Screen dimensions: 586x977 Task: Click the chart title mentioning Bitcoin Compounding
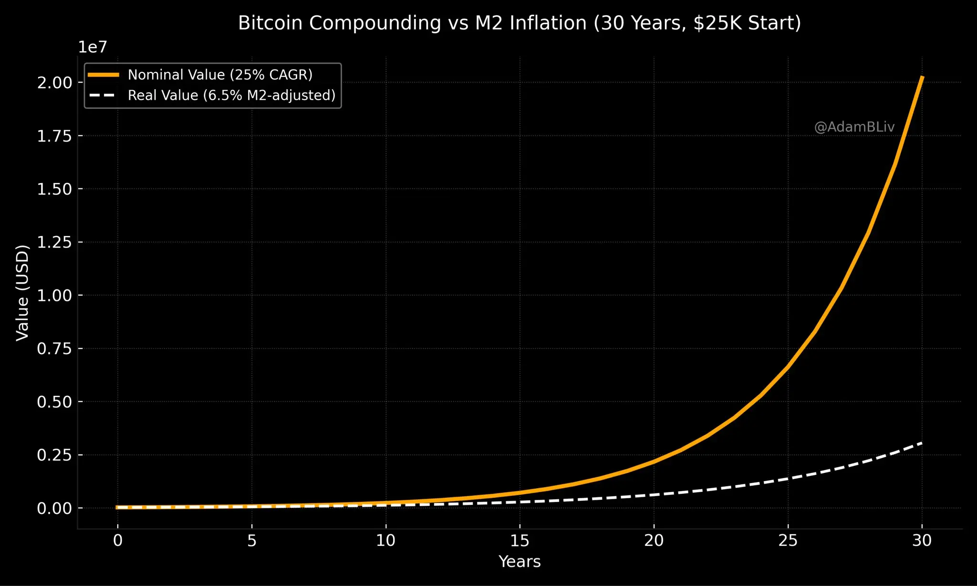pyautogui.click(x=520, y=23)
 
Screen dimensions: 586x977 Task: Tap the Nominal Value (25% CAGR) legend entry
pyautogui.click(x=220, y=75)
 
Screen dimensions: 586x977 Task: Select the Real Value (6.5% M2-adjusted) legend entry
pyautogui.click(x=231, y=95)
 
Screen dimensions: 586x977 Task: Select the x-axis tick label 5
pyautogui.click(x=252, y=540)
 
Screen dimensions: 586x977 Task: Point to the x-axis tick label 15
pyautogui.click(x=520, y=540)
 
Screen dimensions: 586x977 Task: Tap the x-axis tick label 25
pyautogui.click(x=788, y=540)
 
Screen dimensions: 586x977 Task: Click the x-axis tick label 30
pyautogui.click(x=922, y=540)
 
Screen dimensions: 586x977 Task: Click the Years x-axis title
pyautogui.click(x=520, y=562)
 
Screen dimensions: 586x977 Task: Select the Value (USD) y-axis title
pyautogui.click(x=22, y=293)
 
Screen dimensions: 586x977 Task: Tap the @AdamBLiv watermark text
pyautogui.click(x=854, y=127)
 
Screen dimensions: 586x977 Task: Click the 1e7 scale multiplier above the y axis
pyautogui.click(x=93, y=47)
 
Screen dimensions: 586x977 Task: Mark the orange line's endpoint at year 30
pyautogui.click(x=922, y=77)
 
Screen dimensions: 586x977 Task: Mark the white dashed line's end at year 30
pyautogui.click(x=922, y=443)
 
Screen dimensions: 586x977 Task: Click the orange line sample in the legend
pyautogui.click(x=104, y=75)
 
